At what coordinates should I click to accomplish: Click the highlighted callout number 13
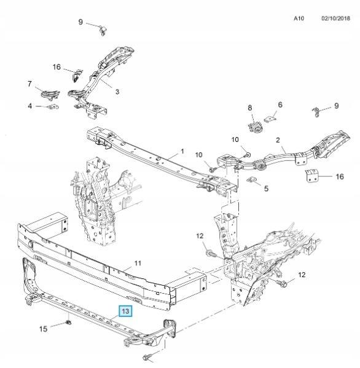(125, 311)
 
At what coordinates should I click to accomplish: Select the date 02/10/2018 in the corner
(335, 18)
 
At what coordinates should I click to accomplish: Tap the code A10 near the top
(299, 18)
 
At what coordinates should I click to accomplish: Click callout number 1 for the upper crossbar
(182, 151)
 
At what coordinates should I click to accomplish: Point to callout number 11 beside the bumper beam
(138, 263)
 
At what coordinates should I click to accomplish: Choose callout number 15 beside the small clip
(43, 329)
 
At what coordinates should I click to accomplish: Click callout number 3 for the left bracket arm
(117, 92)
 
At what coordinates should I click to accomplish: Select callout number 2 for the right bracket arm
(278, 140)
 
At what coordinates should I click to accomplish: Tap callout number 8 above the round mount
(249, 108)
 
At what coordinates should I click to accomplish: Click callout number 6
(280, 104)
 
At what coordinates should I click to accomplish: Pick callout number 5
(266, 188)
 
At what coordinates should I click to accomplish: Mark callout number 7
(29, 84)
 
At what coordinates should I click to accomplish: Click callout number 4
(30, 106)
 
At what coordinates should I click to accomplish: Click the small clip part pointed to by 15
(69, 323)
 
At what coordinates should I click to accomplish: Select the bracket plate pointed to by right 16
(311, 175)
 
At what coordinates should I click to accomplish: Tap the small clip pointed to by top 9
(103, 30)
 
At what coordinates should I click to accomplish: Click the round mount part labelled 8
(255, 127)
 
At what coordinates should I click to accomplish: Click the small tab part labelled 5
(251, 179)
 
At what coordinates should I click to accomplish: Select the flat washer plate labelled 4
(53, 107)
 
